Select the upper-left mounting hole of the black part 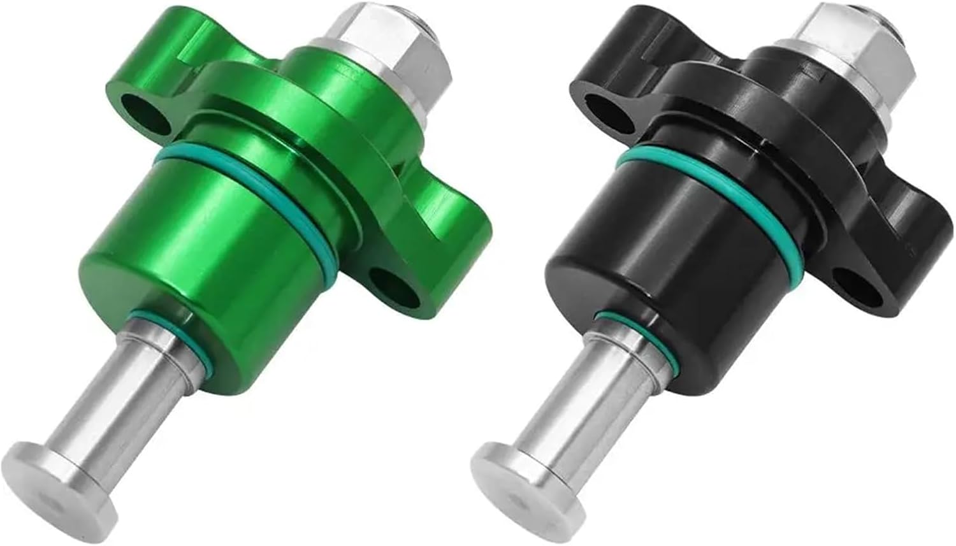point(610,110)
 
